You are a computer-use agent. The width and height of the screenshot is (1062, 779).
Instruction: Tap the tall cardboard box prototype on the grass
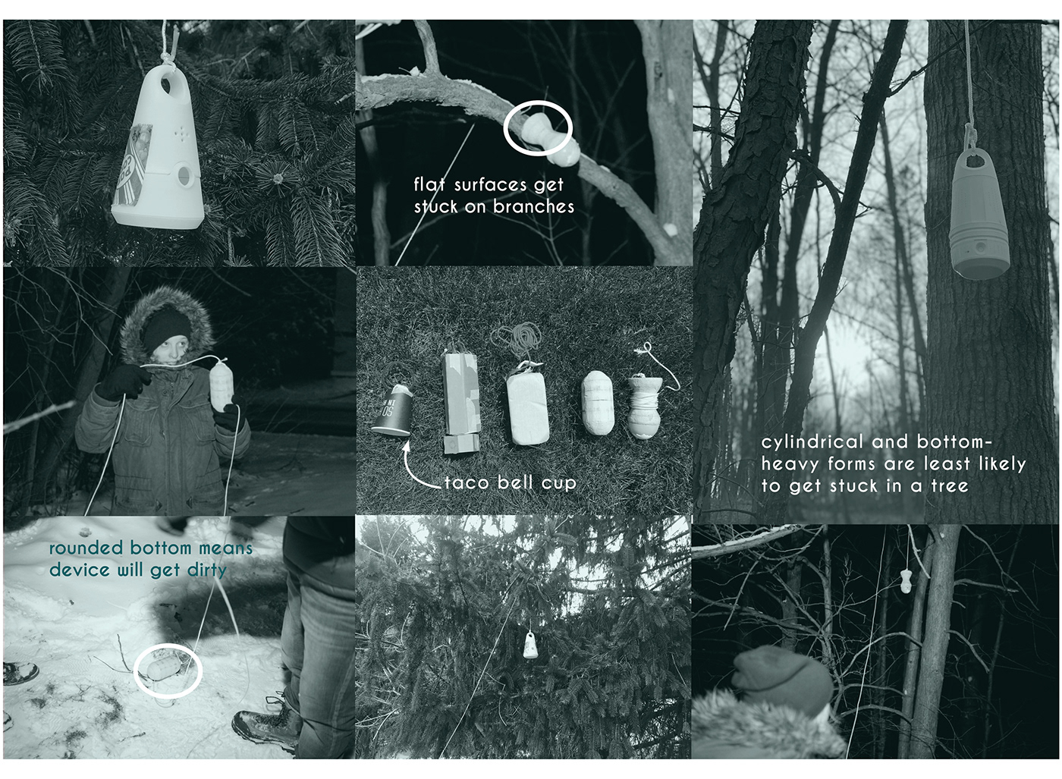pos(461,402)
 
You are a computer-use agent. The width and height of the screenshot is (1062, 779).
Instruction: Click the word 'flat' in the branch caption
pos(429,184)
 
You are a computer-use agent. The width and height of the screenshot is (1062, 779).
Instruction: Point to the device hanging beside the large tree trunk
pos(980,214)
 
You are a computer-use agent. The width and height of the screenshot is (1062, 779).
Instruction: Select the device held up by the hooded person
pos(222,386)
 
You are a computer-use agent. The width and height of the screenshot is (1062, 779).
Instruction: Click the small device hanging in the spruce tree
pos(531,645)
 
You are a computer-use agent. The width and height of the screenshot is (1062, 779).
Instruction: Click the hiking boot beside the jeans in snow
pos(265,729)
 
